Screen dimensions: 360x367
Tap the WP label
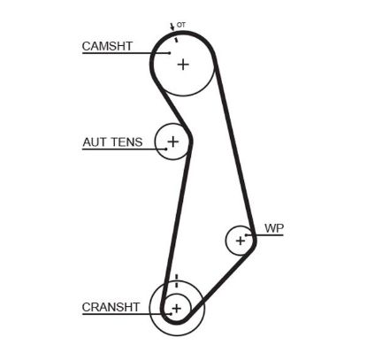tap(274, 228)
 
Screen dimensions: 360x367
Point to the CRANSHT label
tap(111, 308)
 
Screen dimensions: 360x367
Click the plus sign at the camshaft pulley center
tap(183, 64)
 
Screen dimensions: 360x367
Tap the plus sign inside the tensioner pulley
tap(172, 141)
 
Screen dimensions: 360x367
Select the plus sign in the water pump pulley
tap(240, 240)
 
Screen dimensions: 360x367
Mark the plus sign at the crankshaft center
tap(176, 308)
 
